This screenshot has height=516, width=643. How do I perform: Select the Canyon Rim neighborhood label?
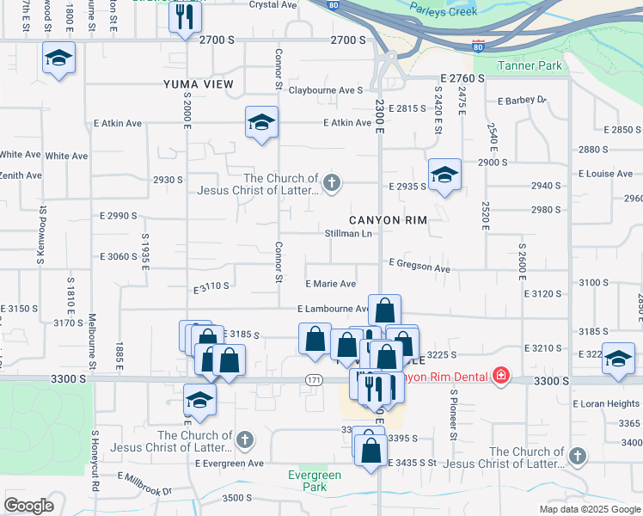coord(388,220)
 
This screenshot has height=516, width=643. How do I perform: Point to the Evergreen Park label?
coord(314,481)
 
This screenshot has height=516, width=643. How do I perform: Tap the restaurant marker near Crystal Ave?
coord(185,17)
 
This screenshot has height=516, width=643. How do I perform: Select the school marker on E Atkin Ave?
coord(261,122)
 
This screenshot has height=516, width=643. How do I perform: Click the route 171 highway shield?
coord(315,379)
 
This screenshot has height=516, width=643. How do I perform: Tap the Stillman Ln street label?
coord(348,234)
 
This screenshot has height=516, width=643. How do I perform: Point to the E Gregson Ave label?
coord(419,268)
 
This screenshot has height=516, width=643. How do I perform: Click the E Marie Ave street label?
coord(331,284)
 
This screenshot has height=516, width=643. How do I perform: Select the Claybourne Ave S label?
coord(326,90)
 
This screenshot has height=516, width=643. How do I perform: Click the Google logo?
coord(28,506)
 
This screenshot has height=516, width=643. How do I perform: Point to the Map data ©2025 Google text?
coord(589,509)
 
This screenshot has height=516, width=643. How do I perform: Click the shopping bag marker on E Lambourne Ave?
coord(386,310)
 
